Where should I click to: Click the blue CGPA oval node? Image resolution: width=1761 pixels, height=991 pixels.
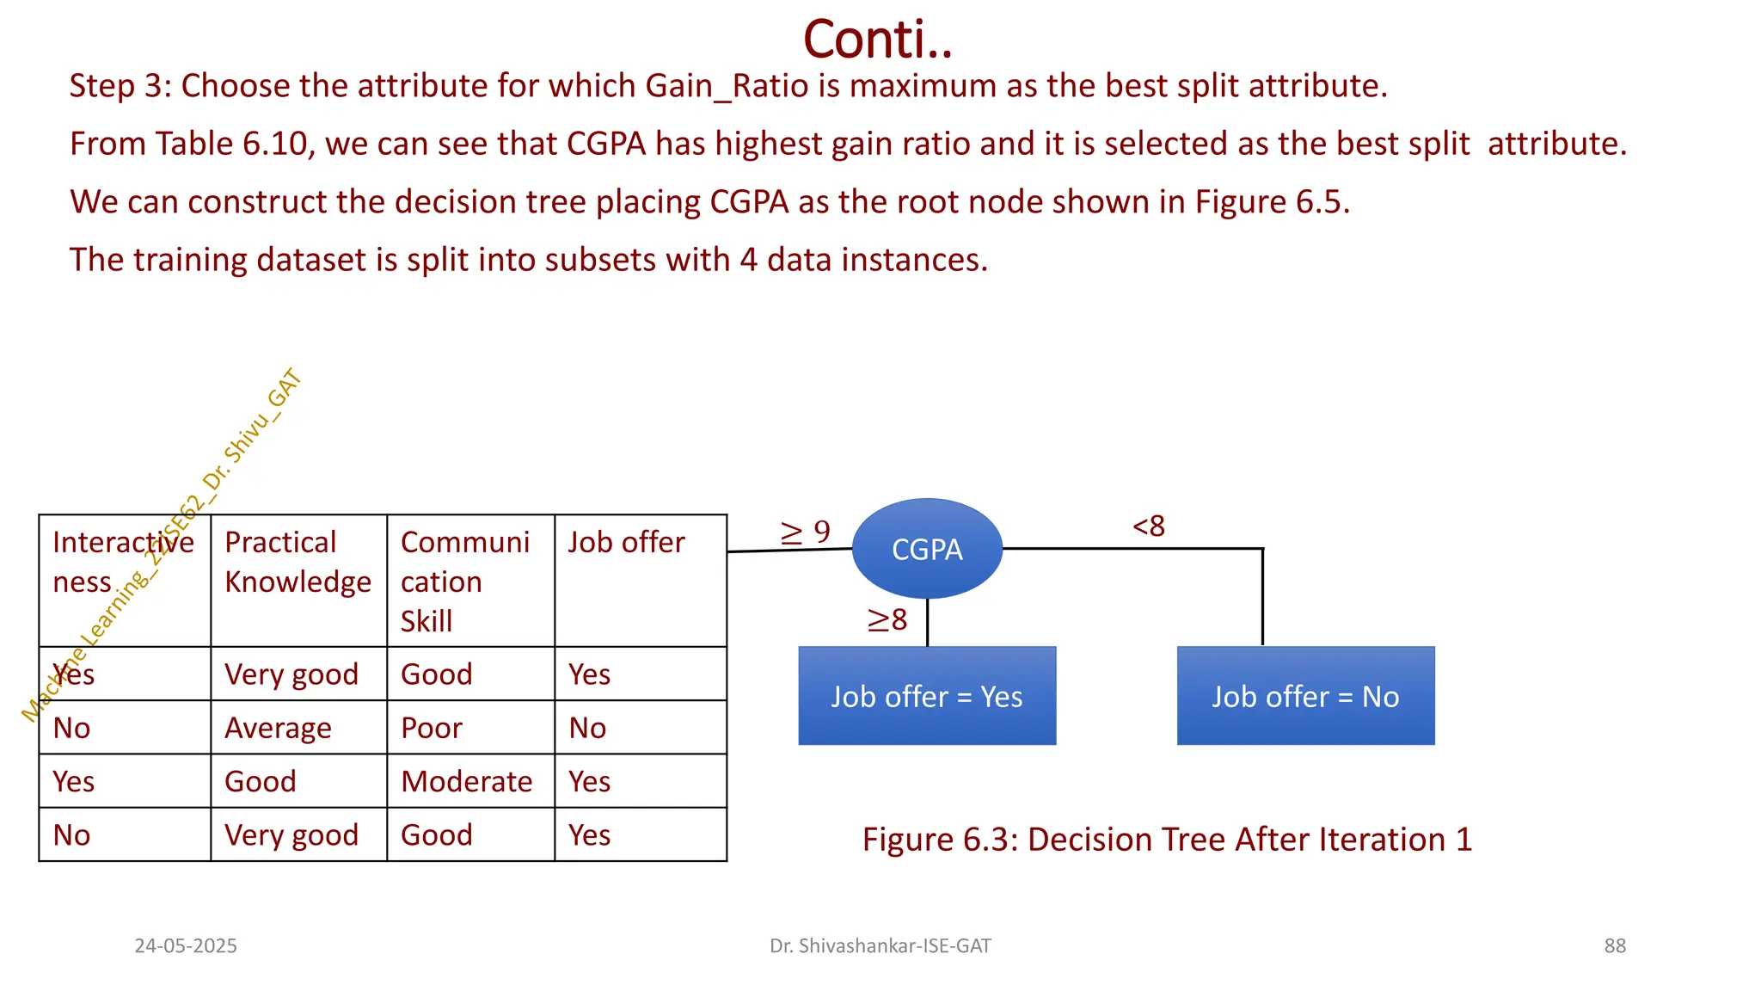(x=927, y=549)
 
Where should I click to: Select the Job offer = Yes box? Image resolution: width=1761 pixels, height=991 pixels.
(x=927, y=696)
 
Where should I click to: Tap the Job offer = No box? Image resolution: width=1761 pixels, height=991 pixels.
(x=1305, y=696)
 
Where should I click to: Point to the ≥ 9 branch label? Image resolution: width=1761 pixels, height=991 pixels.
(x=805, y=532)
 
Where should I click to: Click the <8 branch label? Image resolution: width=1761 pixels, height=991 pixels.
(x=1149, y=526)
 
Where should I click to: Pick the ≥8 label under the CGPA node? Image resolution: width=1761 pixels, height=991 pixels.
(x=887, y=619)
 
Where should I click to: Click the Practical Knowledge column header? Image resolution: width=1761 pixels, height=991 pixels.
(x=298, y=563)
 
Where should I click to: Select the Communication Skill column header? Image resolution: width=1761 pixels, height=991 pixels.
(x=465, y=582)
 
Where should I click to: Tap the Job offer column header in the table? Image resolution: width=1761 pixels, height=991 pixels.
(x=626, y=543)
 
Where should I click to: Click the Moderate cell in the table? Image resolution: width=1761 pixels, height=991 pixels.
(x=467, y=781)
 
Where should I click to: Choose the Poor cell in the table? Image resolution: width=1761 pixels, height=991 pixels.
(x=432, y=728)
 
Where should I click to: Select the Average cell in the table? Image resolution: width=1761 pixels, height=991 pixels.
(x=278, y=729)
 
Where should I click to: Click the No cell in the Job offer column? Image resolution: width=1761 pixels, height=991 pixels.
(x=587, y=728)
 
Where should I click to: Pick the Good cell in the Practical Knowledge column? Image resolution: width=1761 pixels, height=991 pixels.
(x=261, y=781)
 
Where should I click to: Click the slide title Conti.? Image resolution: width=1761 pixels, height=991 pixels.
(x=878, y=40)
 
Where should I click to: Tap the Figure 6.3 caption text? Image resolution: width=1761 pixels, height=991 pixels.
(x=1167, y=839)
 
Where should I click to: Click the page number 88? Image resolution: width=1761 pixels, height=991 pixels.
(x=1614, y=945)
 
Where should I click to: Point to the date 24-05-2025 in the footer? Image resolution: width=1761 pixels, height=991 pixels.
(x=186, y=945)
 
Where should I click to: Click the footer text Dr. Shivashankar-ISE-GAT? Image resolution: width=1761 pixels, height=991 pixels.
(x=880, y=945)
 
